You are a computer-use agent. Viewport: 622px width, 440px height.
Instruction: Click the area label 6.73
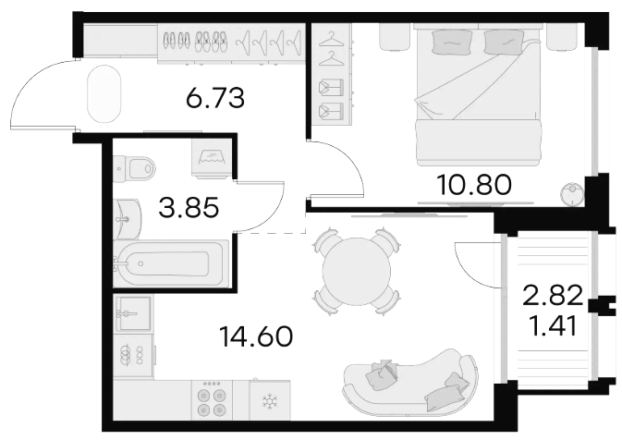215,98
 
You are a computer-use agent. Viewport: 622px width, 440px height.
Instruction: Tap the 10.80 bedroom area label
474,185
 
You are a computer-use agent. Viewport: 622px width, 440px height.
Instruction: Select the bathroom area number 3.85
189,208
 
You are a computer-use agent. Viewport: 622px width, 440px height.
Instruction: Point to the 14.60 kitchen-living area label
256,336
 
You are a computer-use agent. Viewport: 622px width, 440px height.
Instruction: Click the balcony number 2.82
553,296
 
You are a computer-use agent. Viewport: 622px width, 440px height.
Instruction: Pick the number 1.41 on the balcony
553,327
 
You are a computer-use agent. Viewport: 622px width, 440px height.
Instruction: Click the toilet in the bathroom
134,168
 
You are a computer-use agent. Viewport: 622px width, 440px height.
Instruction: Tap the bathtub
171,263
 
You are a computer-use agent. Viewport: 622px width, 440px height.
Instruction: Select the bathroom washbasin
127,218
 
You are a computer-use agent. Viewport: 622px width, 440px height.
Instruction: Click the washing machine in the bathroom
212,157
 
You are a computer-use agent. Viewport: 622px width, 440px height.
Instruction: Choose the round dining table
356,272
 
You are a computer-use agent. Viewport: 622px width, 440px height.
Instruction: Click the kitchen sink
133,313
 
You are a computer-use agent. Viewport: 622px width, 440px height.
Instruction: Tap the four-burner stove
212,400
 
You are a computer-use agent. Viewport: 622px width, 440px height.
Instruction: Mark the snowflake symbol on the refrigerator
270,401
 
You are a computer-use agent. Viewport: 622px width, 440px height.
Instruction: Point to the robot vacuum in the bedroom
572,194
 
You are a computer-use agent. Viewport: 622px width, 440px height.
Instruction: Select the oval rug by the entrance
104,94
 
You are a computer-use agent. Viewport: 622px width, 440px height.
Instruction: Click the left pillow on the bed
452,42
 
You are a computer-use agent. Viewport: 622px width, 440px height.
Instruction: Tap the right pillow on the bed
503,43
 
